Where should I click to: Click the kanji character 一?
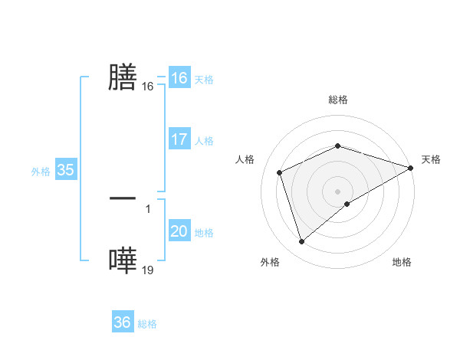click(123, 198)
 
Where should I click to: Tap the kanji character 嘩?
click(123, 260)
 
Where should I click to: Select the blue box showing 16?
click(179, 78)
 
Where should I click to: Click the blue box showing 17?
click(179, 139)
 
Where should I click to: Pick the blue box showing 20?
click(179, 231)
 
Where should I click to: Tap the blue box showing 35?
click(65, 170)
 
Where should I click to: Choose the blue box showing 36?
click(122, 322)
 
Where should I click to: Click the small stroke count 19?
click(148, 270)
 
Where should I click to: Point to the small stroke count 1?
click(148, 208)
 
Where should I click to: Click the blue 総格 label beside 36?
click(147, 324)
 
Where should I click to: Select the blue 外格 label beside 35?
click(41, 172)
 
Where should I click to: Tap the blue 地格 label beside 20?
click(204, 233)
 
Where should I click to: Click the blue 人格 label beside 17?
click(204, 141)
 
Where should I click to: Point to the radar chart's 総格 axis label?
click(337, 100)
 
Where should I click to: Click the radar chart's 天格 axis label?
click(431, 159)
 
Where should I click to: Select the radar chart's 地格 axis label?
click(402, 263)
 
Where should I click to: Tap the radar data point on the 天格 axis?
click(411, 168)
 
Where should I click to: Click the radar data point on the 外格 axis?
click(302, 242)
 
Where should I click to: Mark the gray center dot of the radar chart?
click(337, 191)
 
